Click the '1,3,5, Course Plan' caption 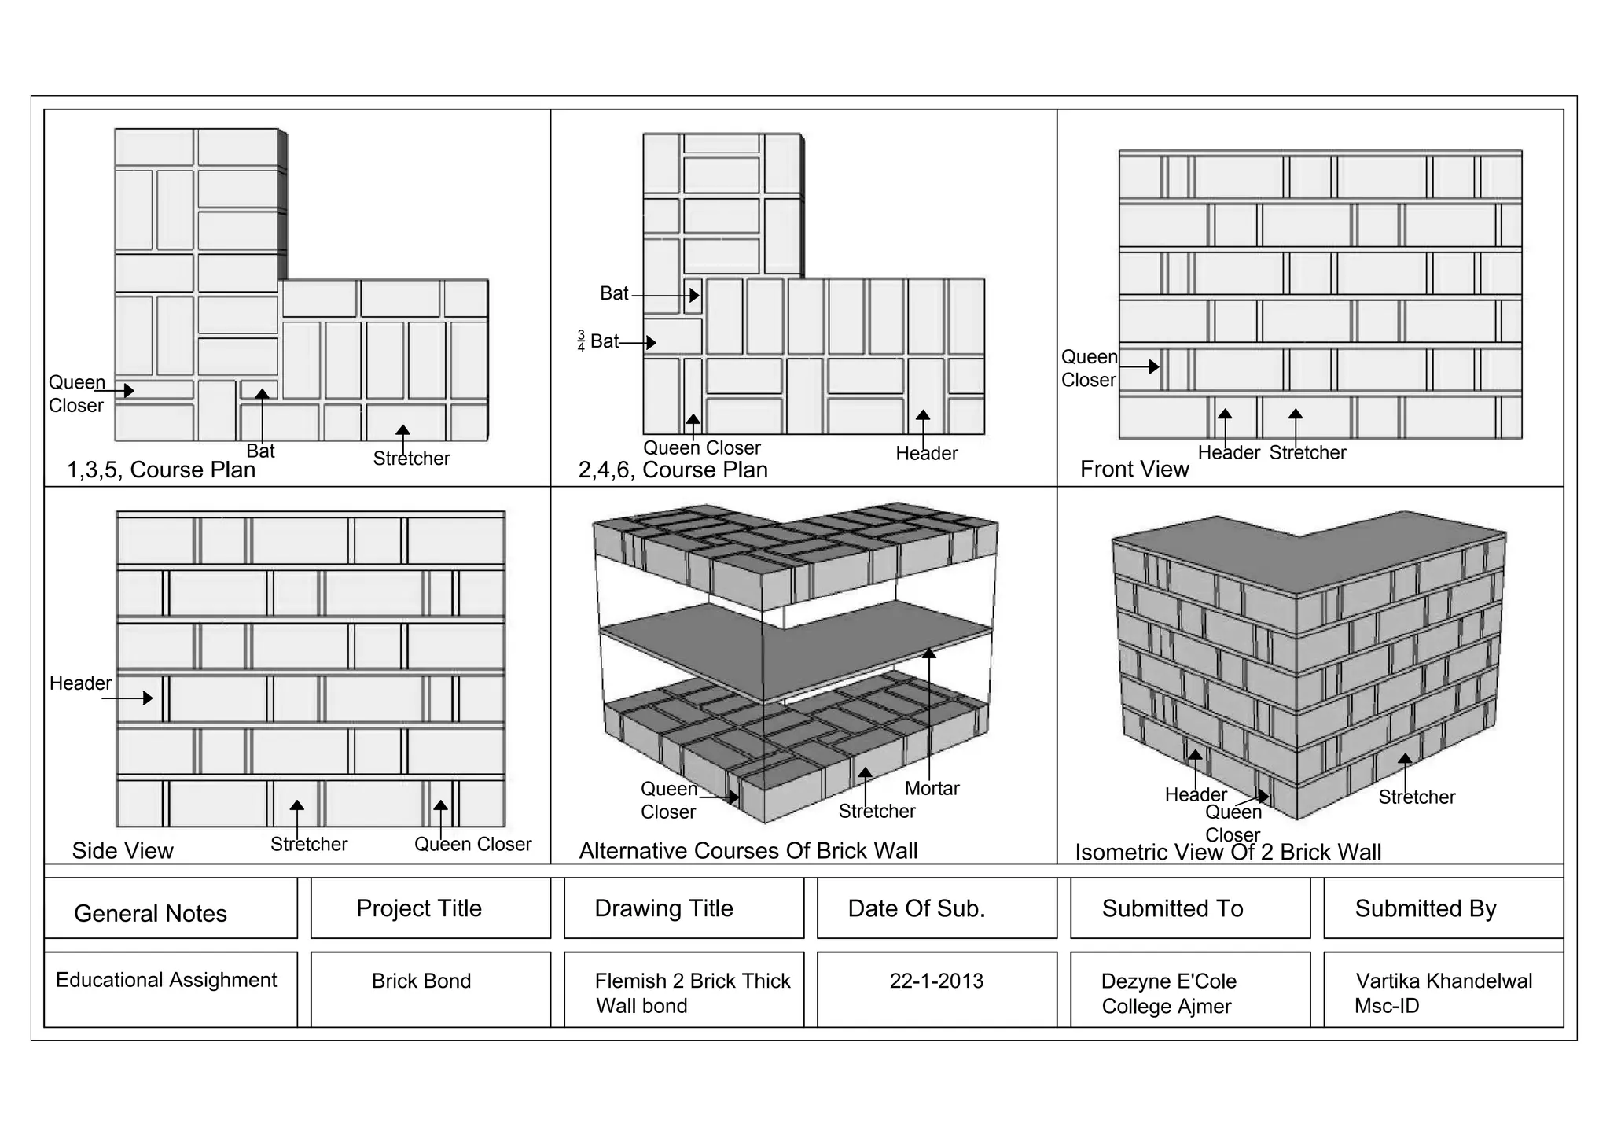[x=161, y=470]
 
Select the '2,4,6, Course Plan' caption [x=673, y=470]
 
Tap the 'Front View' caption [x=1134, y=469]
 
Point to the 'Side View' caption [x=123, y=850]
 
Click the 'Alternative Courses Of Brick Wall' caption [x=748, y=850]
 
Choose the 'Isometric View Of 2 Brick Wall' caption [x=1228, y=852]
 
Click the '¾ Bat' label [x=599, y=341]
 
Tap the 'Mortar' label [x=932, y=788]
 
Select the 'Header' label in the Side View [x=80, y=683]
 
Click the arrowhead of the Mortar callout [x=929, y=653]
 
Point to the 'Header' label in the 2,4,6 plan [x=927, y=453]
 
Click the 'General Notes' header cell [x=150, y=913]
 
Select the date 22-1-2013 [x=936, y=981]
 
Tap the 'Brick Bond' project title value [x=421, y=981]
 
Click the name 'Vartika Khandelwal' [x=1443, y=981]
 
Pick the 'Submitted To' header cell [x=1172, y=908]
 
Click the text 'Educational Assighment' [x=166, y=980]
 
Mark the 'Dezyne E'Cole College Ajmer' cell [x=1168, y=993]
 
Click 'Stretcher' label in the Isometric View [x=1417, y=797]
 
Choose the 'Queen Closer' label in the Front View [x=1089, y=368]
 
